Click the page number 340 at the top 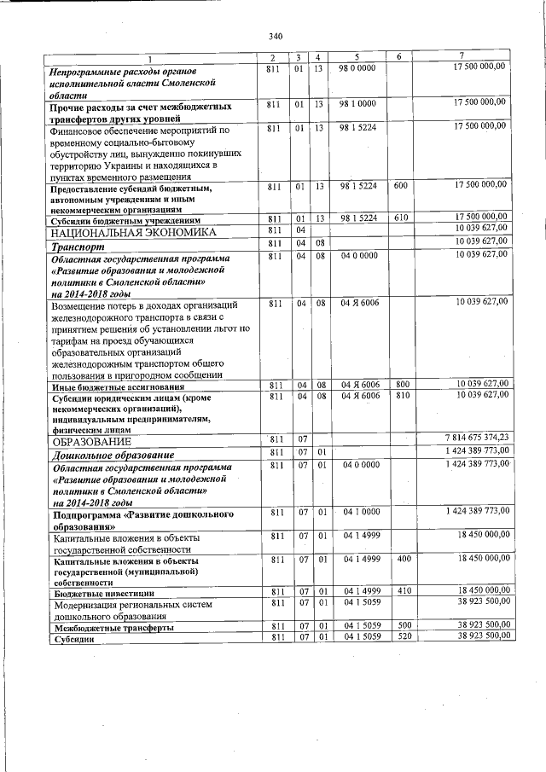coord(275,36)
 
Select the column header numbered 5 coord(357,57)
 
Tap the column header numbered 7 coord(461,57)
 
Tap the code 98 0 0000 coord(357,67)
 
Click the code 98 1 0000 coord(357,103)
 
